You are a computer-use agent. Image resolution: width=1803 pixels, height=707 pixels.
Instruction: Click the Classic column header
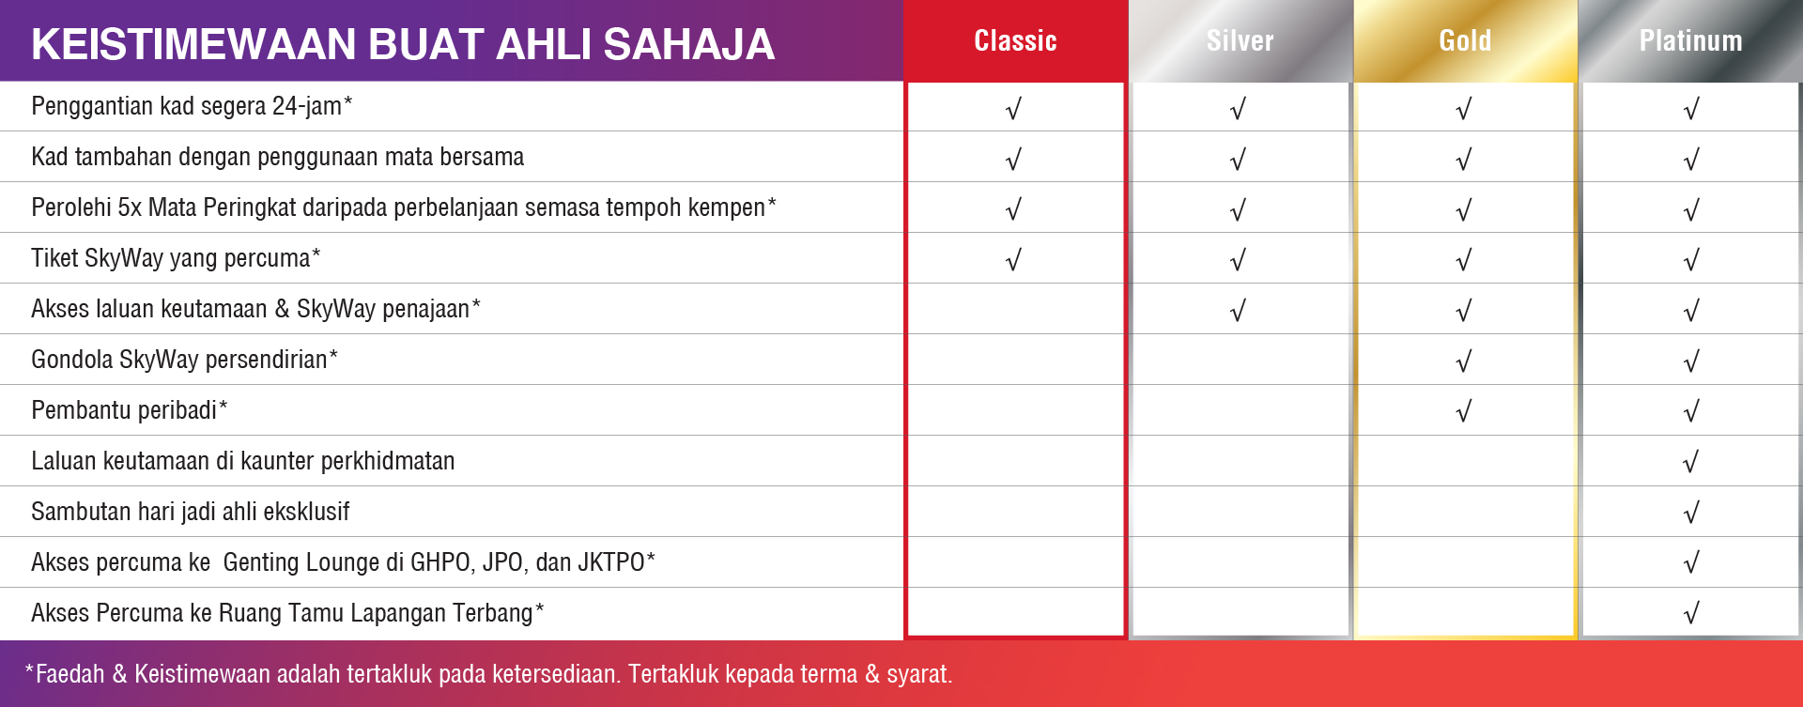point(1015,40)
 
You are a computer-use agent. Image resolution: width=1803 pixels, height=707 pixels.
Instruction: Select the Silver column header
point(1240,40)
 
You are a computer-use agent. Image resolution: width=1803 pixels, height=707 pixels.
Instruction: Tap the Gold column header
point(1465,40)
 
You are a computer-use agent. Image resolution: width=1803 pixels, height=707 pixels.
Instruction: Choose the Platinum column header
point(1690,40)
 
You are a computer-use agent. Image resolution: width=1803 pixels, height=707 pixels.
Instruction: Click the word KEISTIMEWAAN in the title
point(193,44)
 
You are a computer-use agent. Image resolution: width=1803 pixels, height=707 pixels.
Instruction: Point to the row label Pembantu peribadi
point(129,410)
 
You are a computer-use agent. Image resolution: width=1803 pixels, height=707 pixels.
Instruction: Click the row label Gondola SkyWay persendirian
point(184,360)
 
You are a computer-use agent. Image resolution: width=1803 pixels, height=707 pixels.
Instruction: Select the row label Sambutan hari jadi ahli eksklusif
point(190,512)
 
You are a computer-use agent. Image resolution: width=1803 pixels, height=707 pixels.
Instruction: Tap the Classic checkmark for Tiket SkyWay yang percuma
point(1013,260)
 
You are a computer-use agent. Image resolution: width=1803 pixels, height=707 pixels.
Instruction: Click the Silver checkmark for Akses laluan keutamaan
point(1239,311)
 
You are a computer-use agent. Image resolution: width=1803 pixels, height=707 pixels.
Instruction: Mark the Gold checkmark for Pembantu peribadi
point(1464,411)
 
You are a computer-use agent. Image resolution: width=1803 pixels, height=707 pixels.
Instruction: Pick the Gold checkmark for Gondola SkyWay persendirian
point(1464,361)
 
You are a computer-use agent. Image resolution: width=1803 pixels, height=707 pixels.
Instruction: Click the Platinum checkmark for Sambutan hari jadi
point(1691,513)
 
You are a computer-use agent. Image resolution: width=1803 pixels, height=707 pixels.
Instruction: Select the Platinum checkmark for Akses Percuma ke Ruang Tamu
point(1691,614)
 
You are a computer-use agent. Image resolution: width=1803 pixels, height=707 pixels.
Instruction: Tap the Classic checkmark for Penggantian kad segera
point(1013,110)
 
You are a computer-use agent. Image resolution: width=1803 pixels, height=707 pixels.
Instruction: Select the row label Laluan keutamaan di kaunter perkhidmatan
point(242,461)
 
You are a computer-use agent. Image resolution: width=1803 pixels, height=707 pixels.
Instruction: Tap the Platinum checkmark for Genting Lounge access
point(1691,563)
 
